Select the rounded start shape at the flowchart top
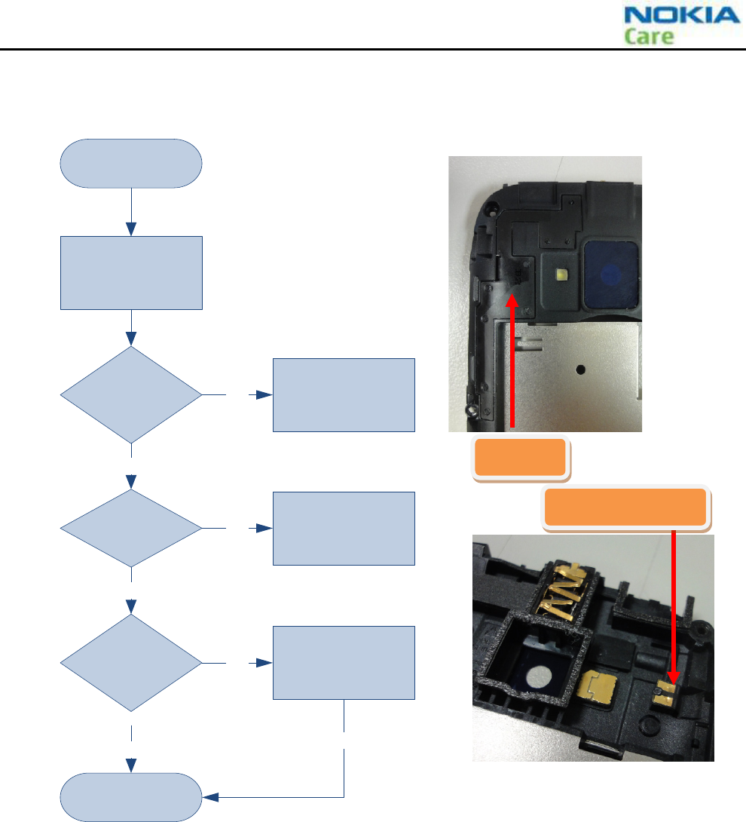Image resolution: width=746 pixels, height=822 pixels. (131, 163)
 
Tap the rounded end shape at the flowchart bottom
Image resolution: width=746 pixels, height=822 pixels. (131, 797)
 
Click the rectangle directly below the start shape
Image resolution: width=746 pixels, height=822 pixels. (131, 272)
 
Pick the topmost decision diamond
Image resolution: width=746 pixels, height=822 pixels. (131, 394)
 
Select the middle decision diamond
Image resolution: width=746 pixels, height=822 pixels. (131, 528)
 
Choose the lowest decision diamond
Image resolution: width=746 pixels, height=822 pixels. (131, 663)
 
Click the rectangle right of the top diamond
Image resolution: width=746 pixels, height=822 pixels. (344, 394)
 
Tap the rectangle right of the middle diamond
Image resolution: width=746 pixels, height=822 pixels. (344, 528)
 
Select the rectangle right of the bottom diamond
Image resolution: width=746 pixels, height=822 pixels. (344, 663)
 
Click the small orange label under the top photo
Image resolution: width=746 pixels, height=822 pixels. (520, 457)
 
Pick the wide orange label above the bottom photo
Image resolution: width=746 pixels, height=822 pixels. (625, 507)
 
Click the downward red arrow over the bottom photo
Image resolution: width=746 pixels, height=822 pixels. (673, 603)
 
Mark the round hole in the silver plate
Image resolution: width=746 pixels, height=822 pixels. (579, 370)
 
